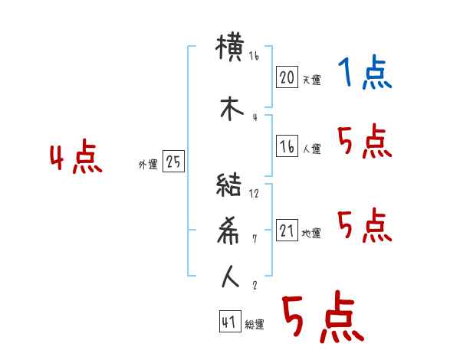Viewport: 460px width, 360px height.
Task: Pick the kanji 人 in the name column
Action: (231, 277)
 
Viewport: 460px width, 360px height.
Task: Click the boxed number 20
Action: (287, 77)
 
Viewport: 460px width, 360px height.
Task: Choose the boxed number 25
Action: (173, 162)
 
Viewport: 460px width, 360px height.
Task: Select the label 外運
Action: (148, 165)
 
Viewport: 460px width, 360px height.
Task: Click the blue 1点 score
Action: (363, 74)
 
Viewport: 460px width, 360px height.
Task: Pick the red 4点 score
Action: (75, 159)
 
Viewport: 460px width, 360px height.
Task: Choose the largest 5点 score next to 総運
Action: (322, 319)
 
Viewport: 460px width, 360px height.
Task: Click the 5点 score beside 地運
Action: (363, 225)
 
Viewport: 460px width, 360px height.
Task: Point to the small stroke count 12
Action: (255, 194)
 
